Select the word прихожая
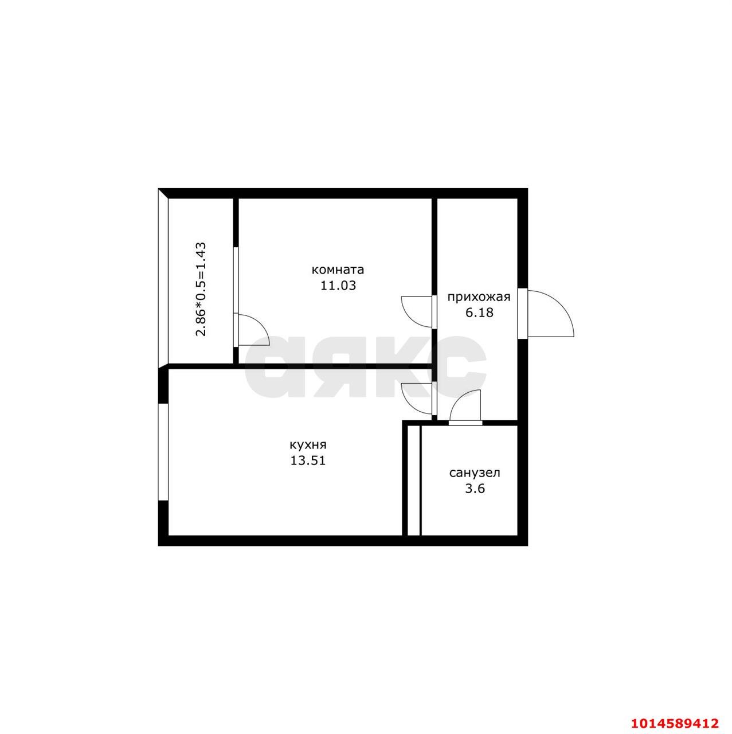[479, 297]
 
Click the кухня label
[308, 444]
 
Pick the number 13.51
[308, 460]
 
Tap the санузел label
[475, 473]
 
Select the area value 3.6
[475, 489]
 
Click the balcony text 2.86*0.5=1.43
[201, 290]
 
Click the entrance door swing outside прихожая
[549, 314]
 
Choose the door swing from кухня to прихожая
[417, 397]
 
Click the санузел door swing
[465, 406]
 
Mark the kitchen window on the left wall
[163, 452]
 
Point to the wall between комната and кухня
[298, 366]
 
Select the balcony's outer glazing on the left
[163, 279]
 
